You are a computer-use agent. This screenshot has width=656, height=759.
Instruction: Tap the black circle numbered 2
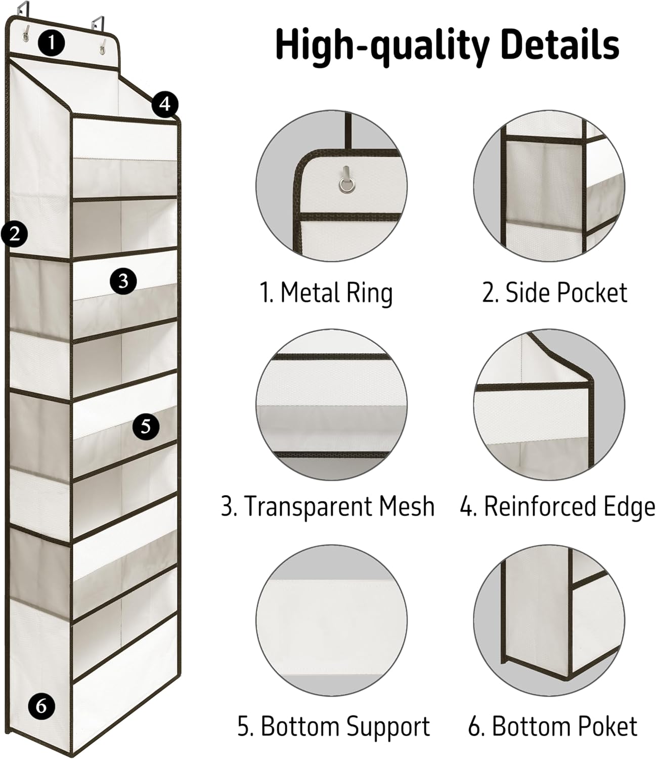click(x=14, y=234)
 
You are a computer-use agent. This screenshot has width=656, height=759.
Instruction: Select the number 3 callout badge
click(x=123, y=281)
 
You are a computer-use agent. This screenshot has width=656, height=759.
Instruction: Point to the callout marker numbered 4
click(x=165, y=105)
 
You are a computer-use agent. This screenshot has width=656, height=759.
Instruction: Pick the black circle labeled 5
click(x=146, y=427)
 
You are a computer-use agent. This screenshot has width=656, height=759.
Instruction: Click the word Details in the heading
click(x=560, y=45)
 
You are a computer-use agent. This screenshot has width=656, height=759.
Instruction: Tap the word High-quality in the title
click(x=382, y=45)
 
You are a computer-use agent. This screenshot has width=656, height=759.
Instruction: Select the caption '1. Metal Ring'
click(x=326, y=293)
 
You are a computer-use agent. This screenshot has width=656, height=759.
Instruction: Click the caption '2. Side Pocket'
click(x=554, y=293)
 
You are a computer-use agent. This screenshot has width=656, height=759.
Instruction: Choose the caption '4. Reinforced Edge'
click(x=557, y=507)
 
